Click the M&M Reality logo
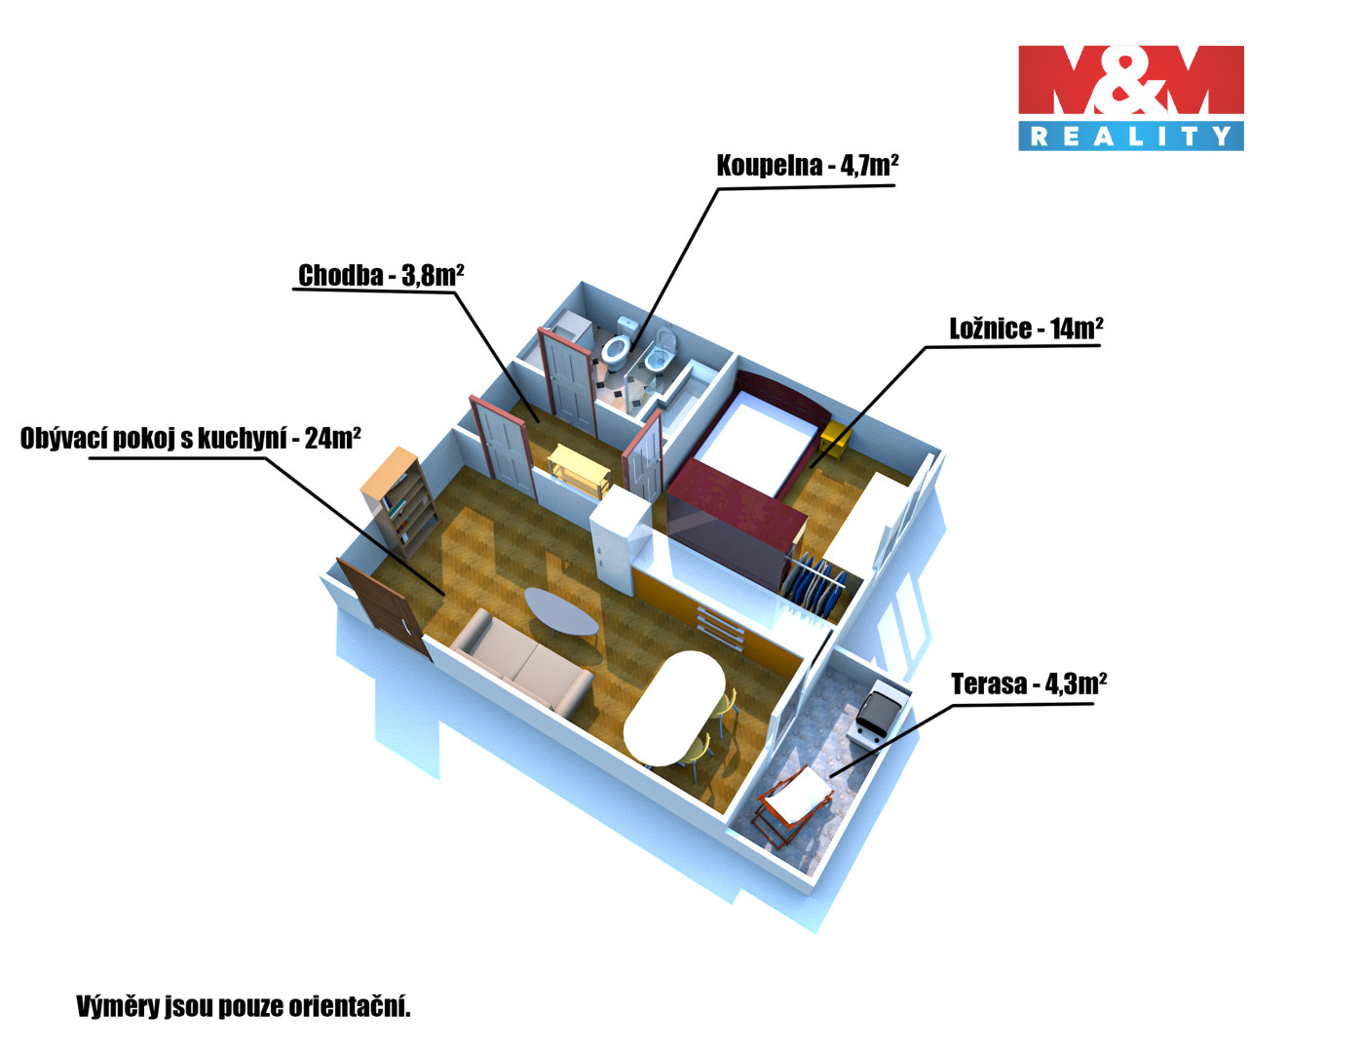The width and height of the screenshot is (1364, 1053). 1130,97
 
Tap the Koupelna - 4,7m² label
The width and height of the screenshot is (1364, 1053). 807,166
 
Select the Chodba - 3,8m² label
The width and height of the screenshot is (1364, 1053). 380,276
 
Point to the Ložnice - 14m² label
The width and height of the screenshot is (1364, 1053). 1026,329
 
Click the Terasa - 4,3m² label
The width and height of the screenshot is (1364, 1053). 1028,684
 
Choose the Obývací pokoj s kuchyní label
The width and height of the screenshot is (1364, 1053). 190,439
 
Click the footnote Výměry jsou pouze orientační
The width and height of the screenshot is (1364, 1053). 244,1006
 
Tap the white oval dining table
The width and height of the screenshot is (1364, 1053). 672,707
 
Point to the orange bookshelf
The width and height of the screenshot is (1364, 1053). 399,497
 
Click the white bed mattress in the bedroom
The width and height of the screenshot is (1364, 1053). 755,444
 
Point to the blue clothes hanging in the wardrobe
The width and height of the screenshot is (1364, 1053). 814,585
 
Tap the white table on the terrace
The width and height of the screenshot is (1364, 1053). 794,795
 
